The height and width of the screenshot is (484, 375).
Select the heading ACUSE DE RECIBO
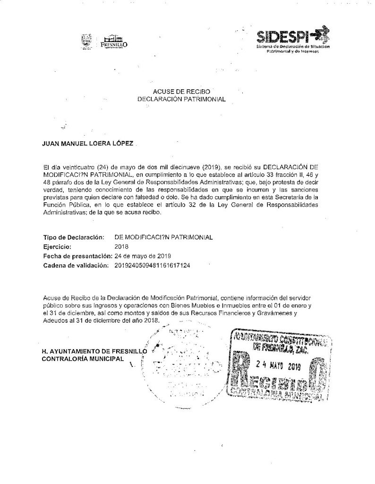(178, 91)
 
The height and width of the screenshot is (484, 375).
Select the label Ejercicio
(57, 246)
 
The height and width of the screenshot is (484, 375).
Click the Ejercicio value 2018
(122, 246)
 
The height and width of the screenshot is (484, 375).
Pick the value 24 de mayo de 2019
(142, 256)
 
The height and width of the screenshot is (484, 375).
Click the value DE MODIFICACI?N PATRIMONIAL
(163, 236)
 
